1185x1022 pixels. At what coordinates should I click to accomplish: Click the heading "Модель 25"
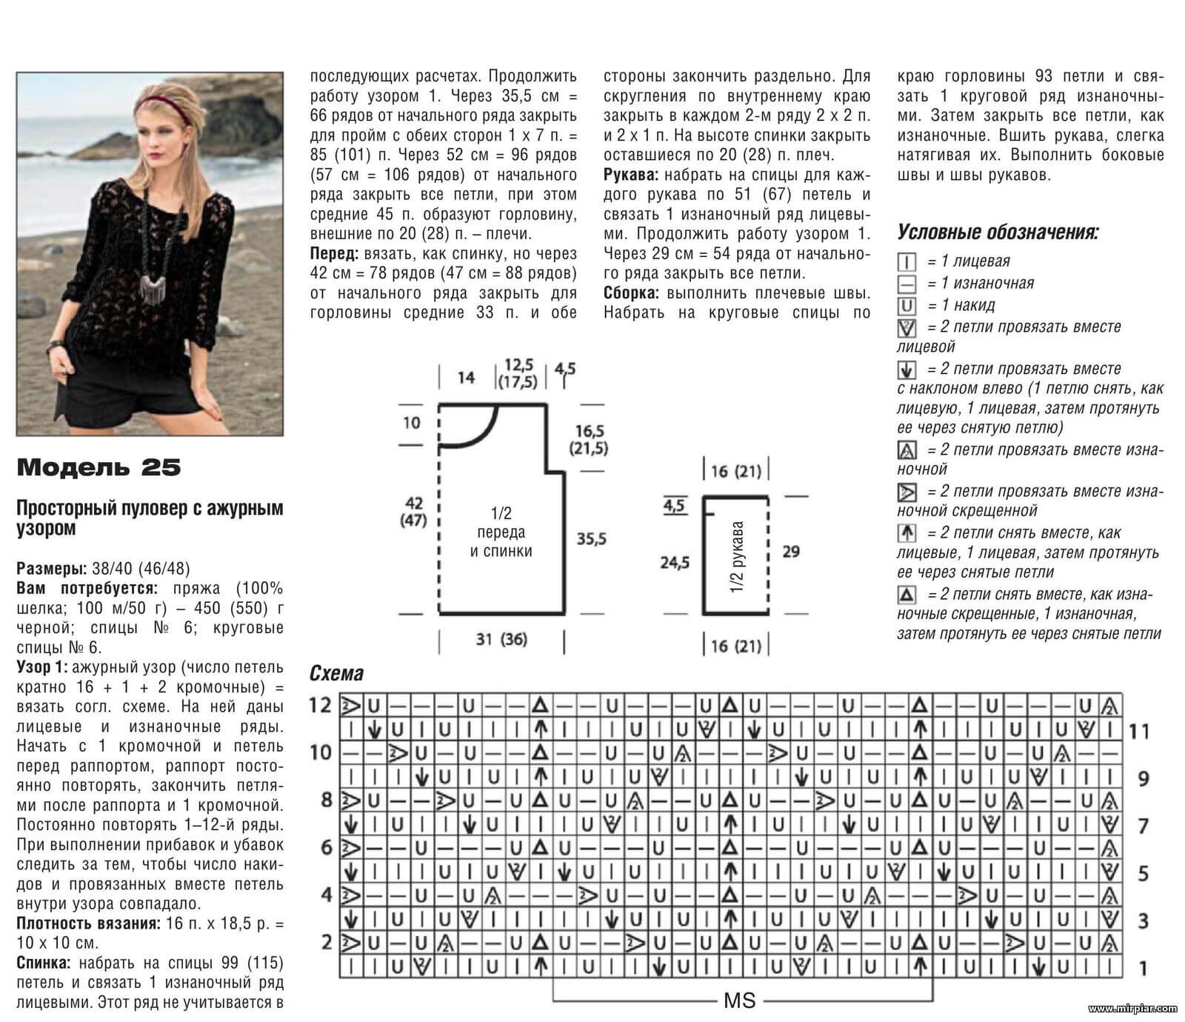[99, 467]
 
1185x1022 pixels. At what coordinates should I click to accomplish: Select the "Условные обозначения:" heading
[998, 233]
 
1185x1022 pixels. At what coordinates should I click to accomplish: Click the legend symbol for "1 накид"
[907, 306]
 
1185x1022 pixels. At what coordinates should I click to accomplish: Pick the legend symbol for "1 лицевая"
[907, 261]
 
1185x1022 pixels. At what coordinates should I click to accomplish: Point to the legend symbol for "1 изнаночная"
[907, 284]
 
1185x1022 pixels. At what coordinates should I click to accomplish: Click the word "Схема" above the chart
[336, 673]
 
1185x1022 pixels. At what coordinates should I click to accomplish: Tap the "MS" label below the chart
[739, 1001]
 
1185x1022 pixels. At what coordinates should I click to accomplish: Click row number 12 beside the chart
[320, 704]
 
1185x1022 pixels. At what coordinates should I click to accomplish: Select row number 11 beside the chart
[1138, 732]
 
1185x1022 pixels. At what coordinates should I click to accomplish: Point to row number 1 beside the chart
[1143, 967]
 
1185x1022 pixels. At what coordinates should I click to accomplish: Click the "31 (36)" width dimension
[501, 638]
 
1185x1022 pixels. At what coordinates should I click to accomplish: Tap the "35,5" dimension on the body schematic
[591, 539]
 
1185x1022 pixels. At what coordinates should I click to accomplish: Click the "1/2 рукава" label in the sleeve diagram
[737, 557]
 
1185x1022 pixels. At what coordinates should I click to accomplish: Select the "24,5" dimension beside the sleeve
[675, 563]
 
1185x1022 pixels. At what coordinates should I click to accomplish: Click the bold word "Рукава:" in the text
[630, 176]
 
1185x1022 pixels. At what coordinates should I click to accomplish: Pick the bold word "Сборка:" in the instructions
[632, 293]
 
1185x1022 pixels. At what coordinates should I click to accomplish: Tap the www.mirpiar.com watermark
[1132, 1008]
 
